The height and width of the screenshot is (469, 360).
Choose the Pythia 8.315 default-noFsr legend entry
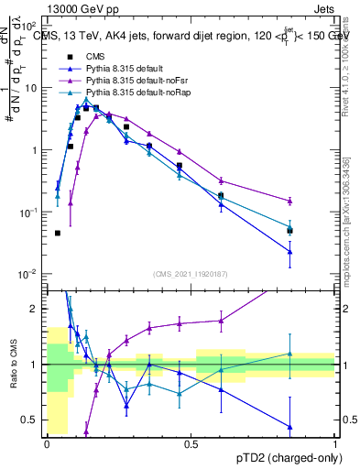pyautogui.click(x=127, y=81)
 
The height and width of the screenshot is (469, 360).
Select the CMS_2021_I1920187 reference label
pyautogui.click(x=191, y=273)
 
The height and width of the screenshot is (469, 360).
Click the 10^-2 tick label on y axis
pyautogui.click(x=28, y=274)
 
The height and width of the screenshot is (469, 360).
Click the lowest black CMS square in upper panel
pyautogui.click(x=58, y=233)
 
